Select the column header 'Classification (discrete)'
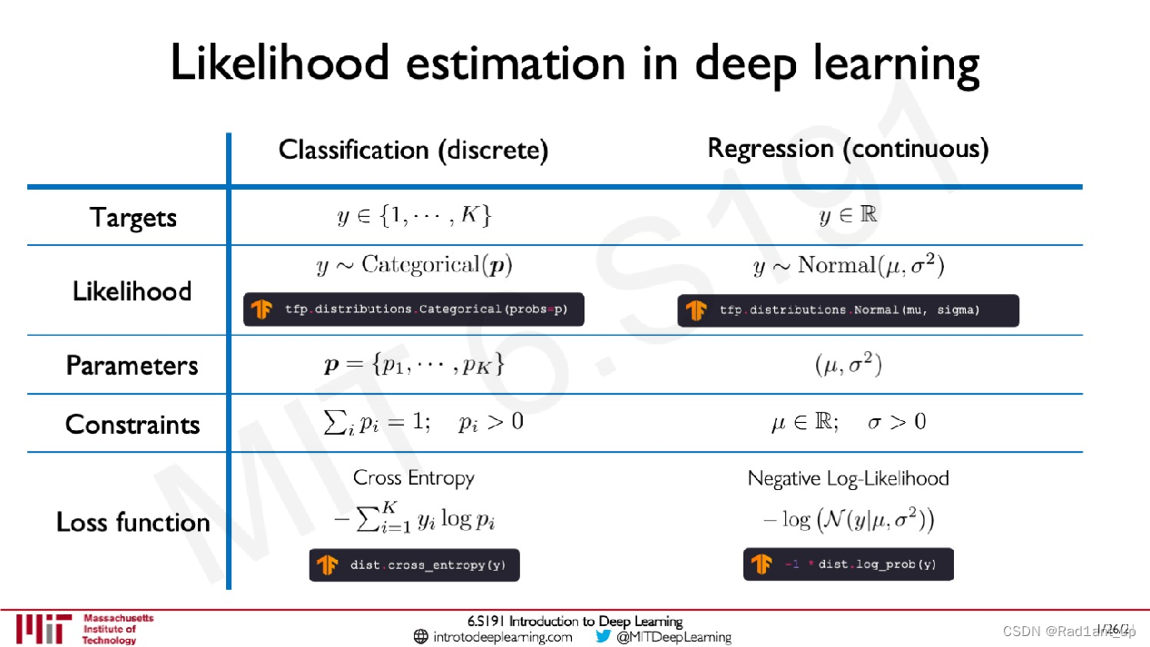[x=413, y=150]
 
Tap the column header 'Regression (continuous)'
[x=847, y=148]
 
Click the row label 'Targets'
[x=133, y=218]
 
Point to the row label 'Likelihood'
[x=133, y=291]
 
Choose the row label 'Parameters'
[x=133, y=365]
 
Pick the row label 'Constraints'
[x=133, y=424]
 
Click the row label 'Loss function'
[x=133, y=522]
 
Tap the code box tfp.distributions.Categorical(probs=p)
[x=413, y=309]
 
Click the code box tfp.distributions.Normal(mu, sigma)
[x=848, y=310]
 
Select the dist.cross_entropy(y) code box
[x=414, y=564]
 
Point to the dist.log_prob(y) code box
[x=848, y=564]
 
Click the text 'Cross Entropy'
[x=414, y=477]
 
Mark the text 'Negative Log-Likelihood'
[x=848, y=478]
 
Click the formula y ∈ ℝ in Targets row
[x=848, y=216]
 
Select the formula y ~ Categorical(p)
[x=414, y=265]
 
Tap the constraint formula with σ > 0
[x=848, y=422]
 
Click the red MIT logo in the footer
[x=43, y=629]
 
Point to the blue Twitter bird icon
[x=604, y=636]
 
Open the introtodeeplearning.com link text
[x=503, y=637]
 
